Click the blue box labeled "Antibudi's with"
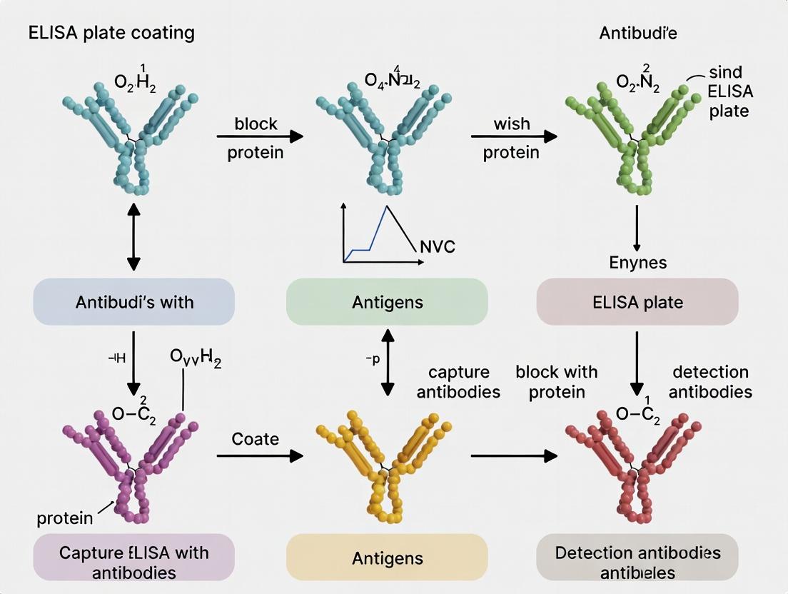click(134, 302)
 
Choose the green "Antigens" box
click(387, 302)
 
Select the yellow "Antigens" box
click(387, 558)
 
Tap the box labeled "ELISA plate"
click(637, 302)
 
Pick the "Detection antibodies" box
click(637, 562)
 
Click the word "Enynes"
click(637, 262)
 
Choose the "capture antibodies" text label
click(458, 382)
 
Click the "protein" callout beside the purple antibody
click(65, 518)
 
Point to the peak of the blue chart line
click(387, 206)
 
